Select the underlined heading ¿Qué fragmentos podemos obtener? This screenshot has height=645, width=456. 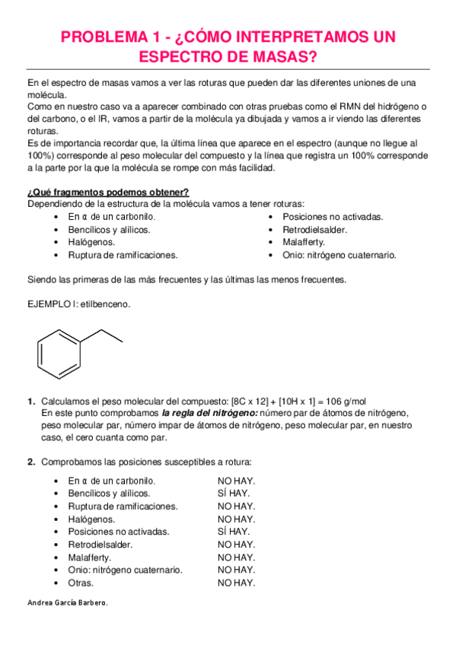(108, 192)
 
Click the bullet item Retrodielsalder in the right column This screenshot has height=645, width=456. (314, 229)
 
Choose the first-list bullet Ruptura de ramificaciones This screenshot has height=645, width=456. (123, 255)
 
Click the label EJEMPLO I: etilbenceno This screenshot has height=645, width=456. (78, 304)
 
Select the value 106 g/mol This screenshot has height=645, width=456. (343, 401)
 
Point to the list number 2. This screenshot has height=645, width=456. (31, 462)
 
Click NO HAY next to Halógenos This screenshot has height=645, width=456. (236, 519)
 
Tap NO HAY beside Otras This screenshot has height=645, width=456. (236, 583)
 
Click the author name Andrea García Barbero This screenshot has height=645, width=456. (67, 602)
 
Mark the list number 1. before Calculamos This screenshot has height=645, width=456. (31, 401)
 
